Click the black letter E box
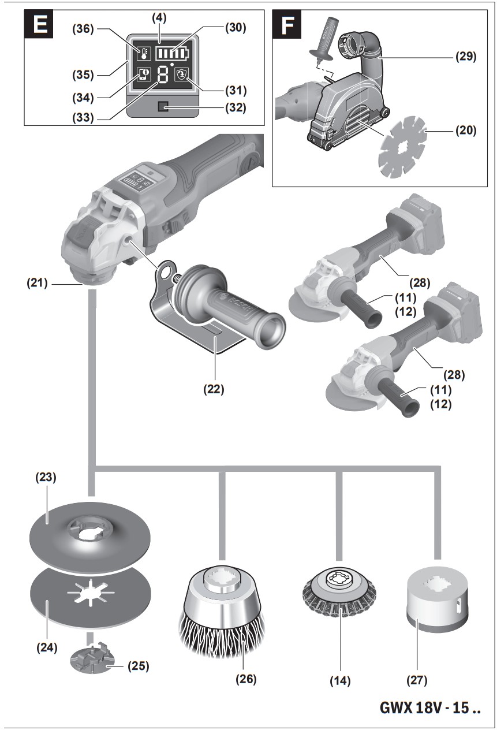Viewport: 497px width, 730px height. tap(39, 25)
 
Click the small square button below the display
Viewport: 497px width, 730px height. tap(163, 106)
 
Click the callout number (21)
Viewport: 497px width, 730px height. tap(39, 284)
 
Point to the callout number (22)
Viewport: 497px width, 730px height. tap(213, 389)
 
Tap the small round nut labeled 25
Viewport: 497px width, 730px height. tap(89, 660)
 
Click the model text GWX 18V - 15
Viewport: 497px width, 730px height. tap(430, 707)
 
